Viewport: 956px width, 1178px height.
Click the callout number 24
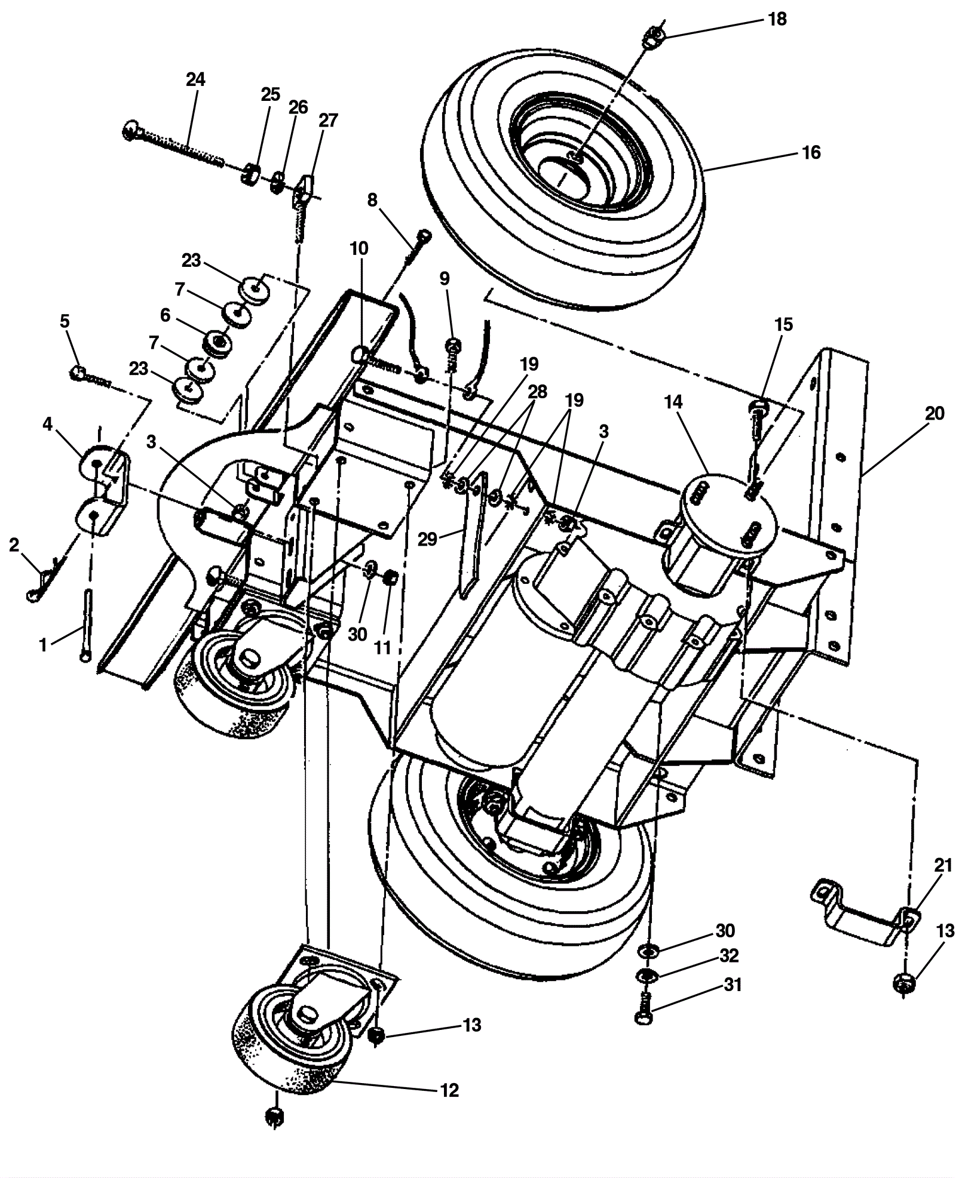(x=195, y=80)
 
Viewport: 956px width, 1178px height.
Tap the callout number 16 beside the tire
(x=811, y=152)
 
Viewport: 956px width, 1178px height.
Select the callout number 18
(x=777, y=19)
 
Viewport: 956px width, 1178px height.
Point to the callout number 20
(x=934, y=413)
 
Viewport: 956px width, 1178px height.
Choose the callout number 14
(x=673, y=402)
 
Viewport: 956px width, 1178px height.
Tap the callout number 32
(x=729, y=956)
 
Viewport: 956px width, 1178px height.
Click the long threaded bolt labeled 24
(x=173, y=144)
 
